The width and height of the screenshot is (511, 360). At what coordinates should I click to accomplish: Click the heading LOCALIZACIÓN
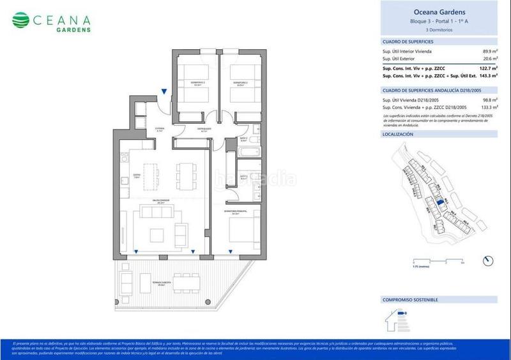coord(398,135)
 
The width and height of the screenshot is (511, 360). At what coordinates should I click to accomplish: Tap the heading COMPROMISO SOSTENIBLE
coord(410,299)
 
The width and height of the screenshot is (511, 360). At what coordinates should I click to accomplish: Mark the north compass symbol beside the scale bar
coord(489,260)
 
